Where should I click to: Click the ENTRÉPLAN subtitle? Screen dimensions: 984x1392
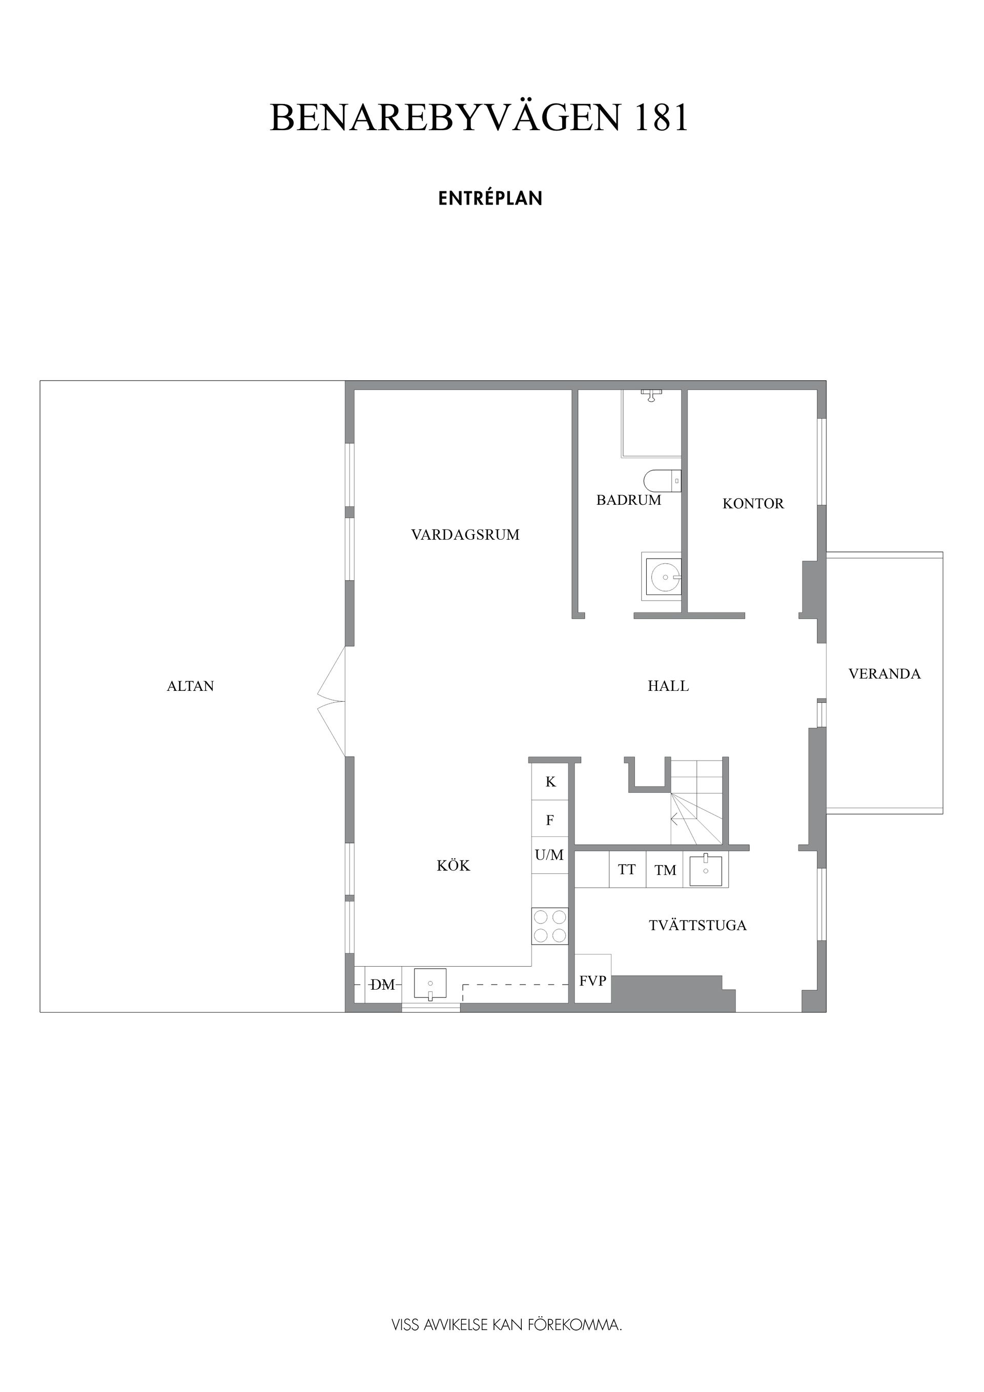tap(490, 198)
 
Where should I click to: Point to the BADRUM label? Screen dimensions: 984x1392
tap(629, 500)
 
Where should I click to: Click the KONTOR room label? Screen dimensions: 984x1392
tap(753, 503)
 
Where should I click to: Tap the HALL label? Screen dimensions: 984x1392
tap(668, 686)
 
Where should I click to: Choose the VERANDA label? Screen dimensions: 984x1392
tap(885, 673)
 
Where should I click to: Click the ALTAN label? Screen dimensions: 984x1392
tap(190, 686)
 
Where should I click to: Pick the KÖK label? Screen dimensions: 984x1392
tap(454, 865)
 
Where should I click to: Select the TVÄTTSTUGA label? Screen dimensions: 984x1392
tap(697, 925)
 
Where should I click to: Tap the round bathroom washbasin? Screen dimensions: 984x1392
tap(665, 577)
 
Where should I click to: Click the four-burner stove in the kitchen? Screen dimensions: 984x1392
tap(550, 926)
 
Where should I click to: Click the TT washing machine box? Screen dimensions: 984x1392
tap(627, 869)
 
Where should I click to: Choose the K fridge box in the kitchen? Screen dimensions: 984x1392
tap(550, 781)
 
